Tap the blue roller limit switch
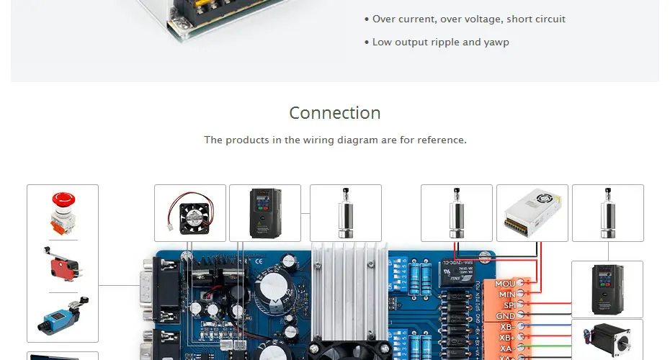[63, 316]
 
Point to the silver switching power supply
[532, 212]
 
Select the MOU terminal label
[505, 284]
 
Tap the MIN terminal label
[506, 294]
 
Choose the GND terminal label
[506, 316]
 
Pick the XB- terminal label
[507, 327]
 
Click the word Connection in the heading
[335, 113]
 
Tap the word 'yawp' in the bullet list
[496, 42]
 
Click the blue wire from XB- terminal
[555, 327]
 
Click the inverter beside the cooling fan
[264, 212]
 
